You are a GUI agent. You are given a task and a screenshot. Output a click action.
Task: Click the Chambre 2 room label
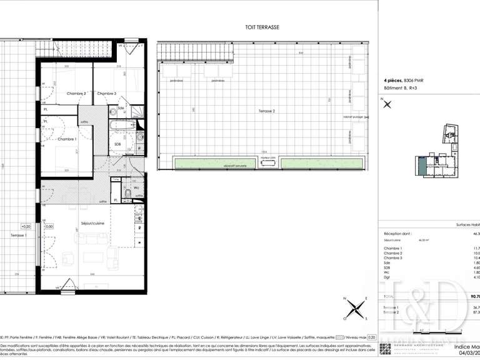click(x=76, y=94)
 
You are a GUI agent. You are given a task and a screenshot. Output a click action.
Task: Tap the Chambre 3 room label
click(x=107, y=94)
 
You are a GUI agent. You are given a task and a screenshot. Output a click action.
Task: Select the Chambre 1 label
click(x=66, y=139)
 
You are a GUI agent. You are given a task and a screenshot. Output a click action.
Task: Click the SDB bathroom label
click(x=117, y=144)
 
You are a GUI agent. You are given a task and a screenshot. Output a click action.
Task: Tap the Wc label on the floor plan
click(x=136, y=187)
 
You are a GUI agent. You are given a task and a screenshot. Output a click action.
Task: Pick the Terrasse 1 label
click(x=20, y=235)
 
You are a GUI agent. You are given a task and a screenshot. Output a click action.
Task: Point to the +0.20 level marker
click(x=26, y=226)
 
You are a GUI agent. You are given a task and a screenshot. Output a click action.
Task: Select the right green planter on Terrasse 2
click(x=321, y=164)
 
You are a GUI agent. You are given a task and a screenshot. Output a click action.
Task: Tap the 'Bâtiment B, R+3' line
click(x=400, y=89)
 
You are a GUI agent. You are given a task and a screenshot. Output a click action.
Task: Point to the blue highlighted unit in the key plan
click(x=423, y=166)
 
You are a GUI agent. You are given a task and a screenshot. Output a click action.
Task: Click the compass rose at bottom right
click(x=357, y=307)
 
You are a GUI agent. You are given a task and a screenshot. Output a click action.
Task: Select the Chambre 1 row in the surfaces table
click(x=393, y=248)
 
